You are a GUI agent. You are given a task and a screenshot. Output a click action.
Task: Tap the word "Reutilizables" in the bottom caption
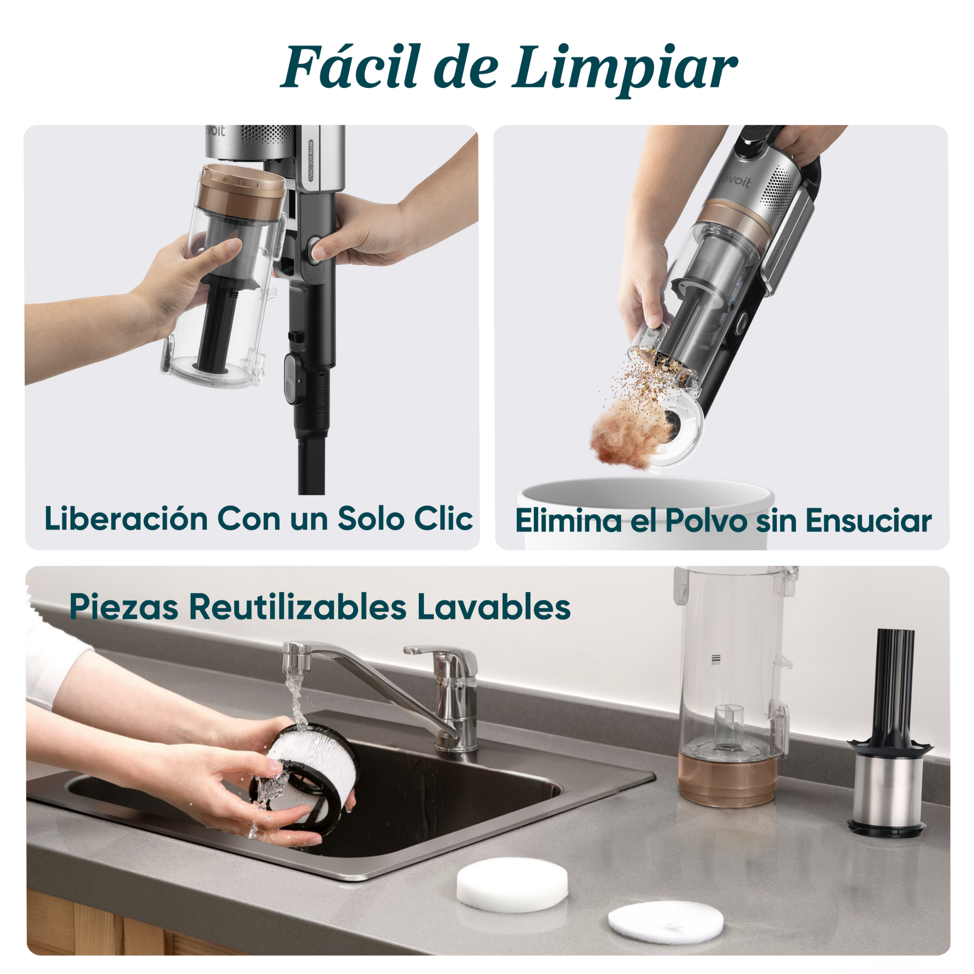click(x=298, y=607)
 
